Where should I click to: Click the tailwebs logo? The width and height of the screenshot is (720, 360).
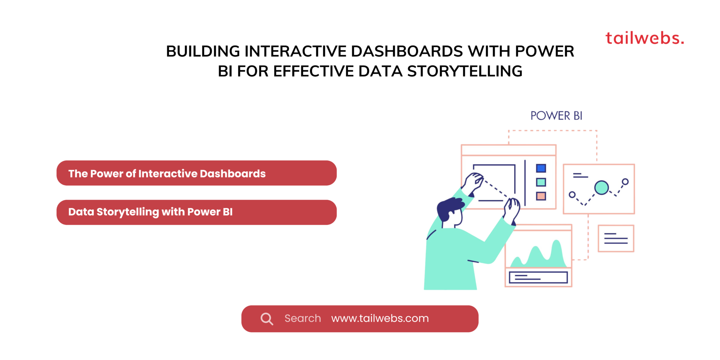coord(645,38)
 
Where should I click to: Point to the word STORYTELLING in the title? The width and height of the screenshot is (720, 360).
coord(465,71)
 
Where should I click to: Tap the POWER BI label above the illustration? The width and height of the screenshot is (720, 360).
coord(556,116)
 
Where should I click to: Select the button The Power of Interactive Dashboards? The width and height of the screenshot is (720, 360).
coord(196,173)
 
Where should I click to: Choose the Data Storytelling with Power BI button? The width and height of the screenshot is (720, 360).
coord(196,212)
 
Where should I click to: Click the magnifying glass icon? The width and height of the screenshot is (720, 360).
coord(267,319)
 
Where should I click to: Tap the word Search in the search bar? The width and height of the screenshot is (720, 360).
coord(303,318)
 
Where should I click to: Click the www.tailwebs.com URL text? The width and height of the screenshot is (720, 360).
coord(380,318)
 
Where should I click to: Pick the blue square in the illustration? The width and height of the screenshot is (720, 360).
coord(541,168)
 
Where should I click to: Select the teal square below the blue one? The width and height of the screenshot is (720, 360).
coord(541,182)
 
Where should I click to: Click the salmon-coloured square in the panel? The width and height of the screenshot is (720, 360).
coord(541,196)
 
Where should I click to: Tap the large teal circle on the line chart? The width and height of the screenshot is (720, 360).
coord(601,187)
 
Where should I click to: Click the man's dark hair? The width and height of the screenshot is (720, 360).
coord(448,208)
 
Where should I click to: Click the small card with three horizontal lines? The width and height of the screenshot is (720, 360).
coord(616,238)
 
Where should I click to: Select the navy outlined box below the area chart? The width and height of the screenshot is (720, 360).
coord(538,277)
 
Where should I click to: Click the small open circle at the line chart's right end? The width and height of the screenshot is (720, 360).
coord(625,182)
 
